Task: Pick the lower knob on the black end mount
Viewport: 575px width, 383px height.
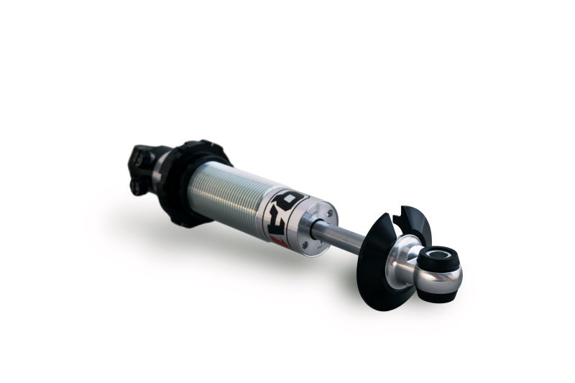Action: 136,188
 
